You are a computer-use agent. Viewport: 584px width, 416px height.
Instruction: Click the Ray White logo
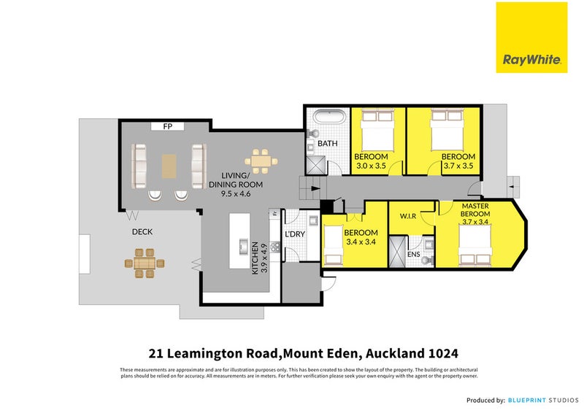[531, 37]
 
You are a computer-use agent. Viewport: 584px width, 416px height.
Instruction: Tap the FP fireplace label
[167, 126]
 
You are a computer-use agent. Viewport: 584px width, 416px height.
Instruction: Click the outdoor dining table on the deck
[145, 261]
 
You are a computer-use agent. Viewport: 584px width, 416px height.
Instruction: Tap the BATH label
[328, 144]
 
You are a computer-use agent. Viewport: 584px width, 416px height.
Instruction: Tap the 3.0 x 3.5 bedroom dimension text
[371, 166]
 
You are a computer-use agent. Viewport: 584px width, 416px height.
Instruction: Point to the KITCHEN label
[255, 257]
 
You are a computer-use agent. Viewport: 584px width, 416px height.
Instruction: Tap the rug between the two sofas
[169, 165]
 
